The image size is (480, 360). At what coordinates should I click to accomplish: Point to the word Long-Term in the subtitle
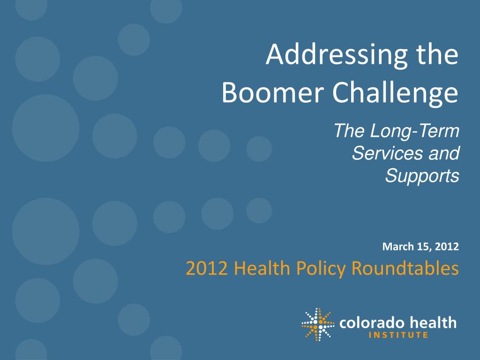point(415,132)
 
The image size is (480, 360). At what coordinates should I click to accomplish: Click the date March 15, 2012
point(420,247)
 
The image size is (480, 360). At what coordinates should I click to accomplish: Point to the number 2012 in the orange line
point(207,268)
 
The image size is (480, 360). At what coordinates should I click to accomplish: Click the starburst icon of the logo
point(318,324)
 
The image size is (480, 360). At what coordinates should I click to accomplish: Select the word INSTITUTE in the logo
point(398,335)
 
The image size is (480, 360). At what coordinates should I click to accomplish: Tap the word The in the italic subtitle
point(349,131)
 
